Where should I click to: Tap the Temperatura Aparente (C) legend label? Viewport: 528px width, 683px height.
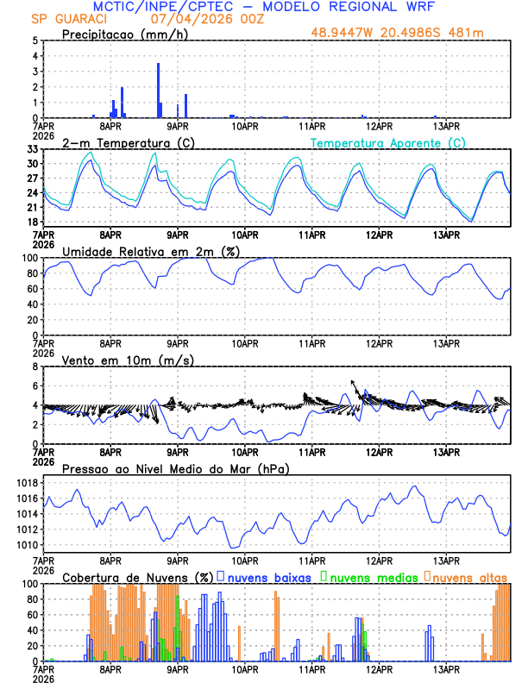coord(388,142)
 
